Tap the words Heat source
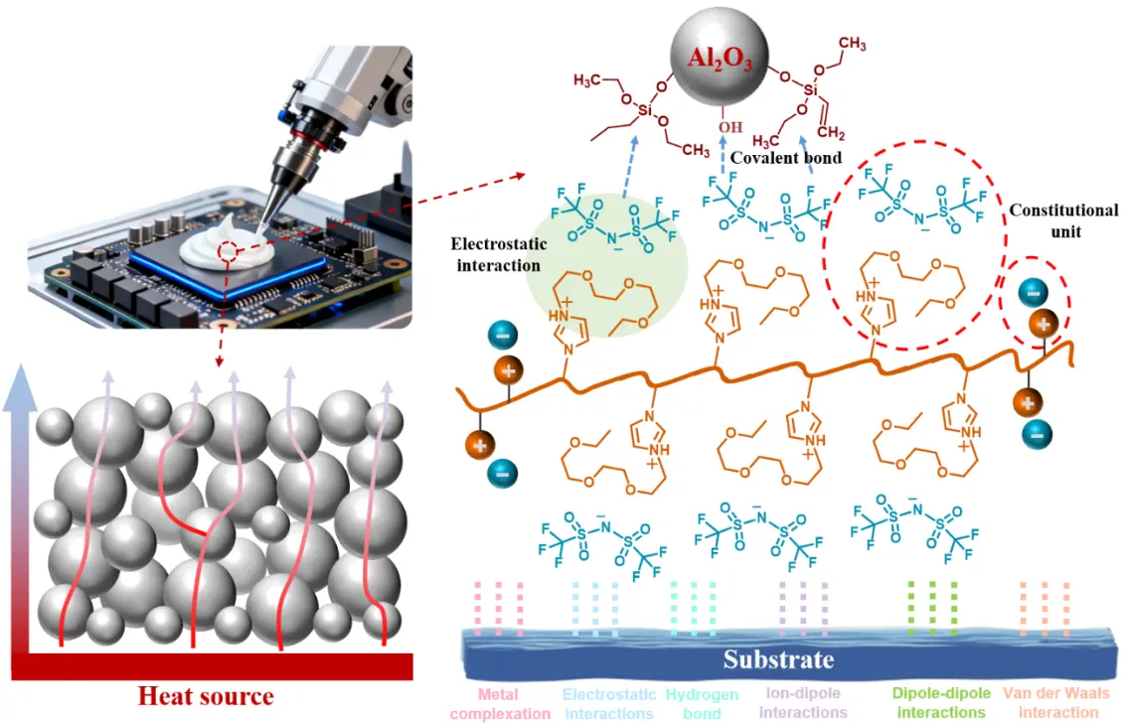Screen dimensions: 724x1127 pos(206,696)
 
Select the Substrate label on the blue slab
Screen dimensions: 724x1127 pos(778,658)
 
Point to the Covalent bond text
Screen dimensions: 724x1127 pos(786,158)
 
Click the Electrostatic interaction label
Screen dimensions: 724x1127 pos(495,254)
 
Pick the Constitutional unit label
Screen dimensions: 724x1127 pos(1063,221)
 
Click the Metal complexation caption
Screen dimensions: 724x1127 pos(500,704)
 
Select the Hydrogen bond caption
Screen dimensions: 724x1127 pos(703,704)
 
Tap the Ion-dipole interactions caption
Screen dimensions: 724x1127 pos(806,704)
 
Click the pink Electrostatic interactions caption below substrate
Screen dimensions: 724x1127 pos(608,704)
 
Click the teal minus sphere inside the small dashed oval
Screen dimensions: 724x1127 pos(1033,294)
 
